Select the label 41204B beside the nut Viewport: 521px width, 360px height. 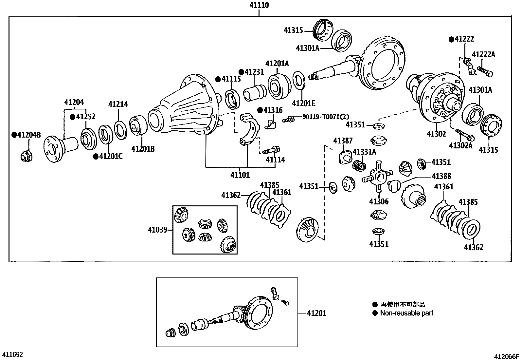(29, 135)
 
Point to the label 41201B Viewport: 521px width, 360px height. (143, 149)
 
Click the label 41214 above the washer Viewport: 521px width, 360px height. (118, 104)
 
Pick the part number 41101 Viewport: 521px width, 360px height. (240, 175)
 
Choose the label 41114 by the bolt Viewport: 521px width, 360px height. (275, 160)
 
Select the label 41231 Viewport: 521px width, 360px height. (254, 72)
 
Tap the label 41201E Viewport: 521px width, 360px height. (304, 104)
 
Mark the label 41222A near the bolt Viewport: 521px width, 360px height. (483, 55)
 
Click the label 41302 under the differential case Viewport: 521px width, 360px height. (436, 134)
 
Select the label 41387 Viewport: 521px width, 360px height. (343, 141)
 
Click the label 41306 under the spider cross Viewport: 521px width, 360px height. (379, 201)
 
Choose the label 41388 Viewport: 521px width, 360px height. (441, 176)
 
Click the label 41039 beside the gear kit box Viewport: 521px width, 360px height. (157, 230)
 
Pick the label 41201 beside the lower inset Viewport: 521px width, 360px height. (316, 313)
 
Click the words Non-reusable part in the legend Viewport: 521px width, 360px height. (406, 313)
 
